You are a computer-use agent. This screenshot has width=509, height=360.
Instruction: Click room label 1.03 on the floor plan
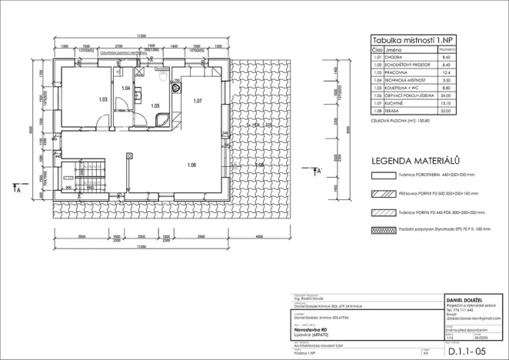click(103, 99)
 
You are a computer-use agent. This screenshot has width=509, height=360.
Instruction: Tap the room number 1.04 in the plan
click(126, 88)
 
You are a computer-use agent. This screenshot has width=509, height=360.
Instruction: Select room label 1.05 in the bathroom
click(155, 105)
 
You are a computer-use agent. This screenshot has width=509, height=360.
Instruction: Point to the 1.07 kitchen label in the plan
click(198, 101)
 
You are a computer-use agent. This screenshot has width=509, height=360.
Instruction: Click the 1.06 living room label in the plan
click(191, 165)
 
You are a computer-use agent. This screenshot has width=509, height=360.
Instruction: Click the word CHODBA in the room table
click(395, 58)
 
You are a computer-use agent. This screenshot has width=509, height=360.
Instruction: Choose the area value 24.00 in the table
click(445, 95)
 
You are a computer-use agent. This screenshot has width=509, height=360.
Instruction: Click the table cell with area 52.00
click(445, 113)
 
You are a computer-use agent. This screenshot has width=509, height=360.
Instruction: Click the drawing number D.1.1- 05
click(471, 351)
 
